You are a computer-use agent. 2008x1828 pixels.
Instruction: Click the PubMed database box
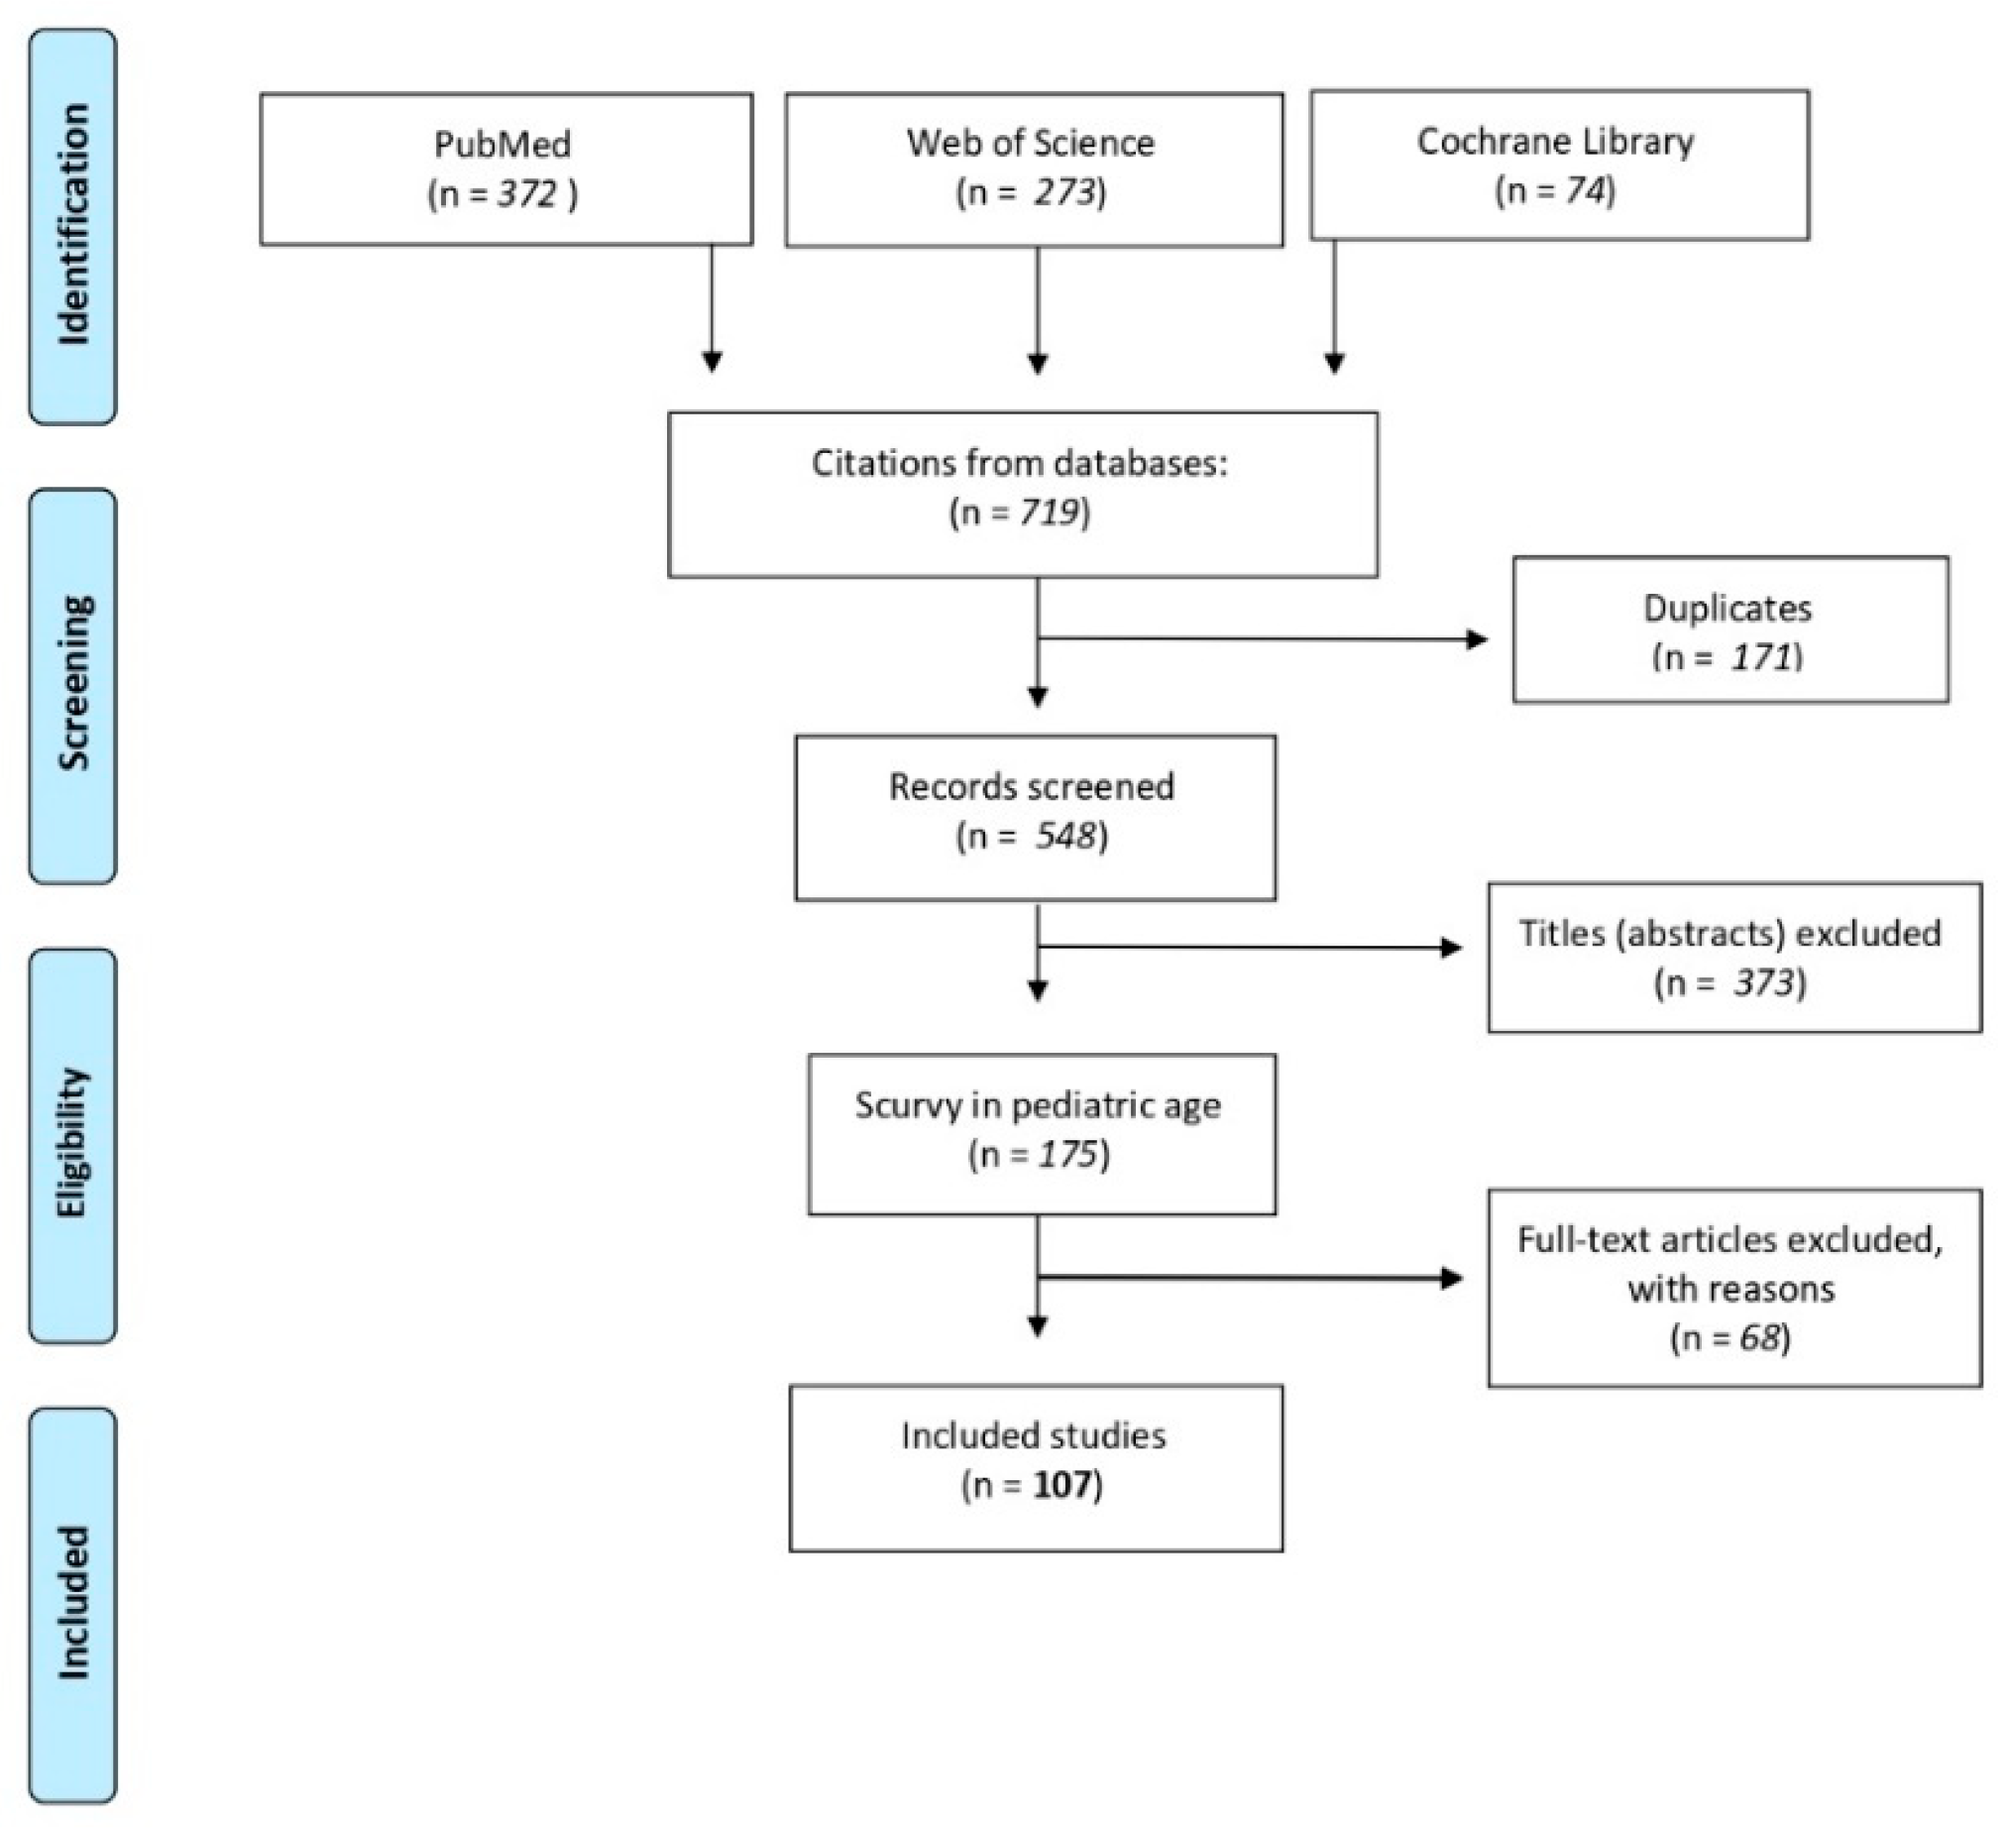pyautogui.click(x=506, y=169)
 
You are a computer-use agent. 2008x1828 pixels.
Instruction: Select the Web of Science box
pyautogui.click(x=1034, y=170)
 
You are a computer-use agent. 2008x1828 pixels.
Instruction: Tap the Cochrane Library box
pyautogui.click(x=1559, y=166)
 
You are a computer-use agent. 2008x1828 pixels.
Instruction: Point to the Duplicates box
pyautogui.click(x=1730, y=629)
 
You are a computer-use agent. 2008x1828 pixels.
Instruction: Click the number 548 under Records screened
pyautogui.click(x=1064, y=836)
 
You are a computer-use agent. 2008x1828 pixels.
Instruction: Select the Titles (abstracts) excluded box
pyautogui.click(x=1734, y=958)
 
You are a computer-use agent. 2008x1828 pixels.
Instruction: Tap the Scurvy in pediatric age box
pyautogui.click(x=1042, y=1134)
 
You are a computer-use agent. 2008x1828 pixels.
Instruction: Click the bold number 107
pyautogui.click(x=1061, y=1485)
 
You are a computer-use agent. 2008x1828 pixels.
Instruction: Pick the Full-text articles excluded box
pyautogui.click(x=1734, y=1287)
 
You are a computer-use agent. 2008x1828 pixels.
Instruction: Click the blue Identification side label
pyautogui.click(x=72, y=226)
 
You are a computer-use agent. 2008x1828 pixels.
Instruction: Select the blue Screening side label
pyautogui.click(x=72, y=685)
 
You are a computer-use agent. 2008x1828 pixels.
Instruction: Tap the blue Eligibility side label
pyautogui.click(x=72, y=1145)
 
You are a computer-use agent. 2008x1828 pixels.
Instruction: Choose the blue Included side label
pyautogui.click(x=72, y=1604)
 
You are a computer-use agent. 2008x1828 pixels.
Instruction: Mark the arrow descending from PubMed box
pyautogui.click(x=712, y=309)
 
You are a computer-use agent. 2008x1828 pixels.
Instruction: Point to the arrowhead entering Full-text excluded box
pyautogui.click(x=1452, y=1278)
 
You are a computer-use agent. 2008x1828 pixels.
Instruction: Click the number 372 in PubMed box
pyautogui.click(x=527, y=193)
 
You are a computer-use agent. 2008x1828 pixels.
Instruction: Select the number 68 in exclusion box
pyautogui.click(x=1759, y=1337)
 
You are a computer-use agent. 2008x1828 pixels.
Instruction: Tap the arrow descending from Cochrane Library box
pyautogui.click(x=1335, y=307)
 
